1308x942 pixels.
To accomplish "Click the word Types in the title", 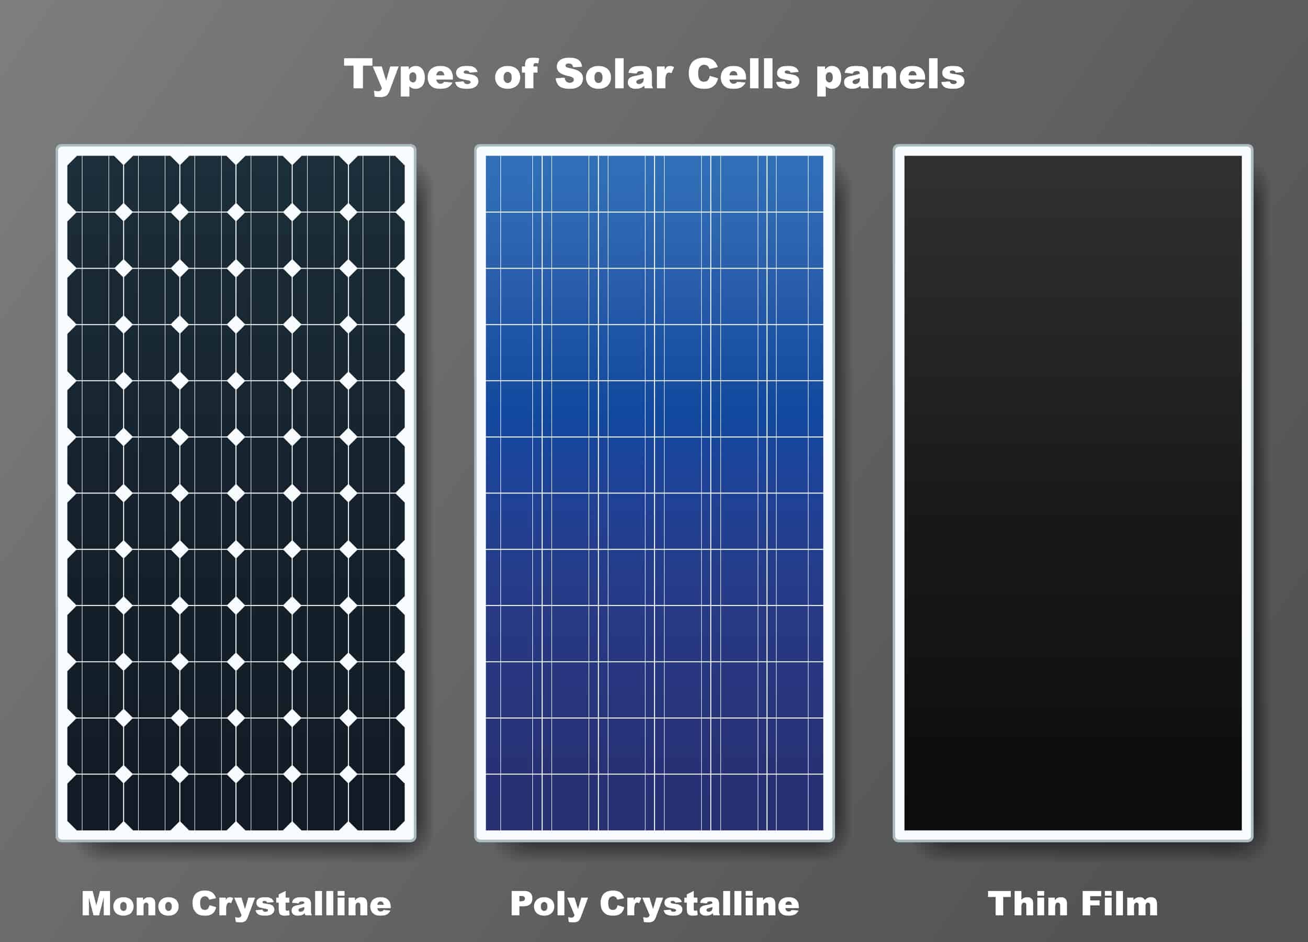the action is click(411, 75).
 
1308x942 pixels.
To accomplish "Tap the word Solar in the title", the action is click(614, 74).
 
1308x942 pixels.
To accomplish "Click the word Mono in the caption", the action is click(130, 903).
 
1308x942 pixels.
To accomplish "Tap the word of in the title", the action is click(516, 74).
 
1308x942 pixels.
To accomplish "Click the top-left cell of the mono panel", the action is click(95, 184).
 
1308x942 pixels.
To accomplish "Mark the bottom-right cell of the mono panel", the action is click(377, 802).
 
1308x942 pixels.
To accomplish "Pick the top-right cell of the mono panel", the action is click(377, 184).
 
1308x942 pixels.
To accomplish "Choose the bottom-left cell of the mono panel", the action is click(95, 802).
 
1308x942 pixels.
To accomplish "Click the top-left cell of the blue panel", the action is click(514, 184).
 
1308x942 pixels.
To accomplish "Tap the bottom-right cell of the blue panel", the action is click(795, 802).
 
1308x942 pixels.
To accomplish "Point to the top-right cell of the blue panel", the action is click(795, 184).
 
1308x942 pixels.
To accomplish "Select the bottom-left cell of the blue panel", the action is click(514, 802).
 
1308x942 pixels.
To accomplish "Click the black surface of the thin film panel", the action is click(1073, 492).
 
